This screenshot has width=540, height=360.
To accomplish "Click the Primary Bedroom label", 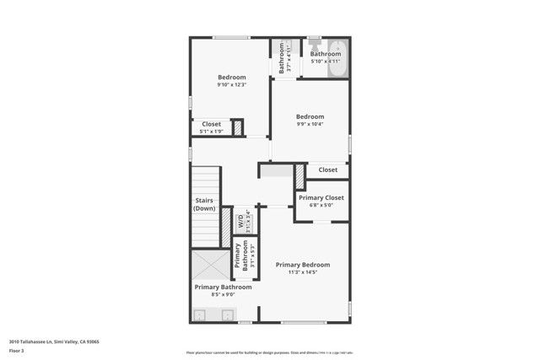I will coord(303,265).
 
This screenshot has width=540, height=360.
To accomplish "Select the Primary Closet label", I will coord(321,197).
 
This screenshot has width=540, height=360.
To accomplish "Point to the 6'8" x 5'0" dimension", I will coord(321,205).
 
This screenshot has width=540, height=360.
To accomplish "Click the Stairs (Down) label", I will coord(204,204).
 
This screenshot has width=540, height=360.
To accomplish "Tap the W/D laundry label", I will coord(240,223).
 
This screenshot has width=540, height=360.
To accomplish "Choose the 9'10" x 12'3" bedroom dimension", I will coord(232,85).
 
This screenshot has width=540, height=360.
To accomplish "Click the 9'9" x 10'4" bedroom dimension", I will coord(310,125).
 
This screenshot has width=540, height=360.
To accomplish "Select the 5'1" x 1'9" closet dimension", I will coord(211,132).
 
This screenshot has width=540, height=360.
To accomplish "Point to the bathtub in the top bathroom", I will coord(336,59).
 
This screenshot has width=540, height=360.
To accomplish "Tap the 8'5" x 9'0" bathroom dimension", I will coord(223,295).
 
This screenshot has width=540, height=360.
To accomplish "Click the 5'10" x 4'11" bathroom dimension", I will coord(325,62).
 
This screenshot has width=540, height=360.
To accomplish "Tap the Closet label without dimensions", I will coord(328,170).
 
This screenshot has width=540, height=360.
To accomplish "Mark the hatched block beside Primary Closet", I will coord(300,175).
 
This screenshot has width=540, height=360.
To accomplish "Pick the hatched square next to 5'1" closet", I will coord(237,128).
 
